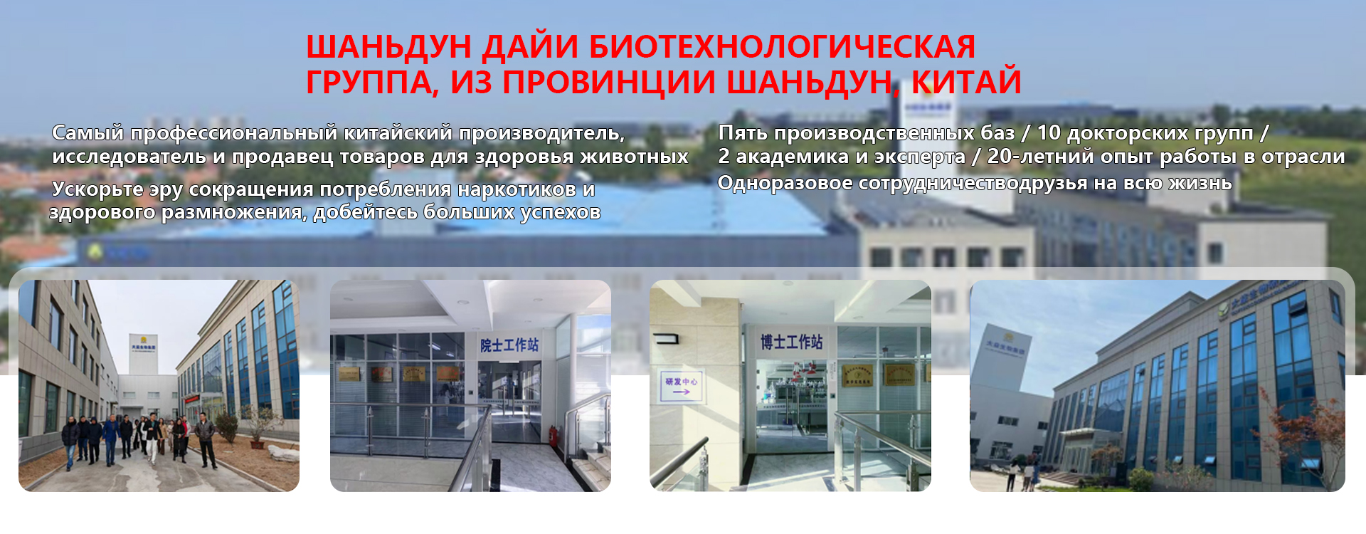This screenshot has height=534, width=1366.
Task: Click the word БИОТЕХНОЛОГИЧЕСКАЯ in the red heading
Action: click(x=782, y=48)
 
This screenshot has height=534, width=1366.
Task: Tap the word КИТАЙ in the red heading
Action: click(x=966, y=82)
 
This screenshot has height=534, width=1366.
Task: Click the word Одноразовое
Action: click(x=785, y=184)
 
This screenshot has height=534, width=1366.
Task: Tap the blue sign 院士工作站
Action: click(x=509, y=345)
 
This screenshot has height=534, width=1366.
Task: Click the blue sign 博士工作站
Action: click(x=791, y=342)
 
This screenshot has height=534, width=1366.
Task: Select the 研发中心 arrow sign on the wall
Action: click(x=681, y=386)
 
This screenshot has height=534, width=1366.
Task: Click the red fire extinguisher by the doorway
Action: click(x=553, y=435)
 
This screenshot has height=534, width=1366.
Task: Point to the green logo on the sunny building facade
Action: click(x=1223, y=308)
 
